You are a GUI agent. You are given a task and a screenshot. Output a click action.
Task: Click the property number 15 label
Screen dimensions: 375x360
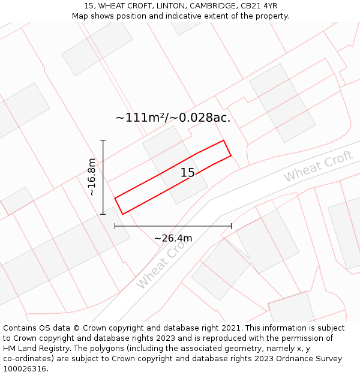point(187,173)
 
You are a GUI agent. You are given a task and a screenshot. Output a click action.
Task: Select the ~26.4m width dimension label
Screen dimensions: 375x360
point(173,238)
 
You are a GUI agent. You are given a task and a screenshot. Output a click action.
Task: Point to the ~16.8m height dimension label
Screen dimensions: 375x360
point(91,177)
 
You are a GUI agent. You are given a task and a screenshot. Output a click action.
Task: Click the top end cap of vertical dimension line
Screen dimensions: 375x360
point(103,140)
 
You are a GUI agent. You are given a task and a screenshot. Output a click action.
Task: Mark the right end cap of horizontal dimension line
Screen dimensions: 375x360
point(231,226)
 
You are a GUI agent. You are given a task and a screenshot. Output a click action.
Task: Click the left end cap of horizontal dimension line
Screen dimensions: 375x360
point(115,226)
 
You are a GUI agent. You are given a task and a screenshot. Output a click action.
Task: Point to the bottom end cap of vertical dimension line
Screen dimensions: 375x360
point(103,214)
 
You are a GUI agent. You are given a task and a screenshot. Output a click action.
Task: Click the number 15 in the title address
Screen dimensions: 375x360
point(89,6)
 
